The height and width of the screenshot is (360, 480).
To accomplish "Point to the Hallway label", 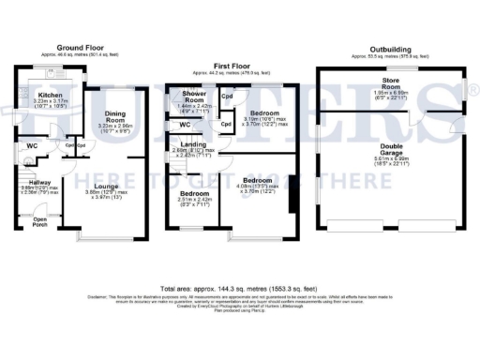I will pos(39,183).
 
